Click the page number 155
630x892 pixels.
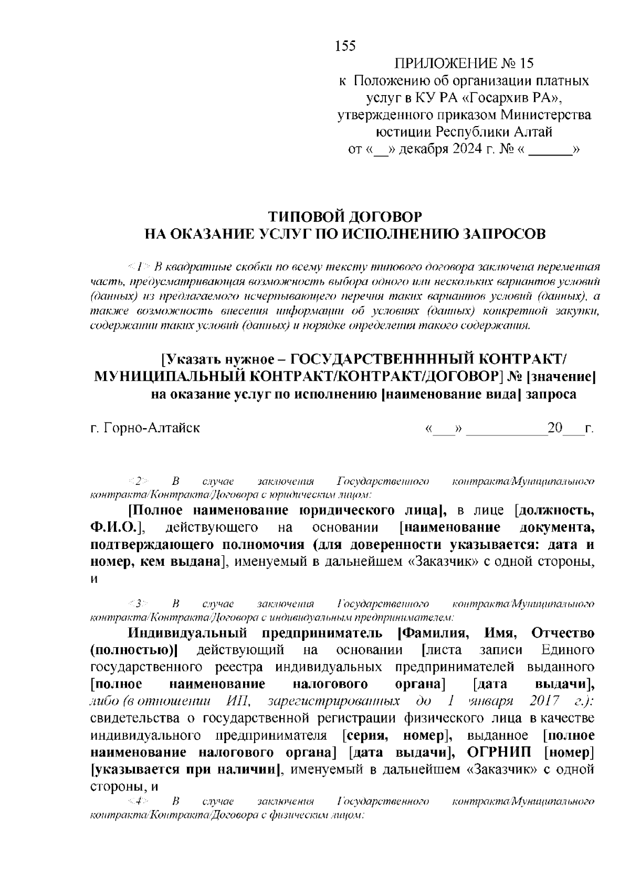click(x=345, y=46)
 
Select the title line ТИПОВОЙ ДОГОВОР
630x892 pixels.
click(x=345, y=216)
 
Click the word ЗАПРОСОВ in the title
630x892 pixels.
click(x=502, y=234)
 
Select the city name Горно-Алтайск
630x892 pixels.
click(x=152, y=428)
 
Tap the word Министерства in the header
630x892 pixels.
click(x=545, y=115)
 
